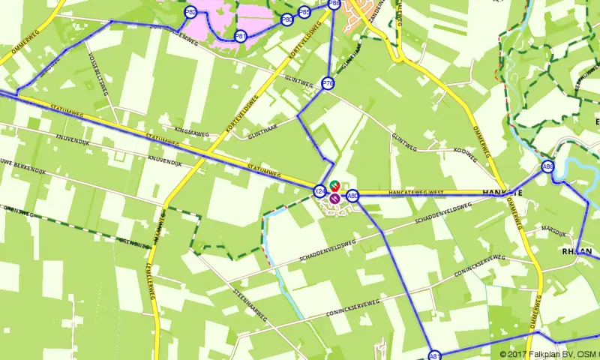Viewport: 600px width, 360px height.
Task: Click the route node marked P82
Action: pyautogui.click(x=190, y=13)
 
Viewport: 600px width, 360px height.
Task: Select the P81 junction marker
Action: pyautogui.click(x=241, y=36)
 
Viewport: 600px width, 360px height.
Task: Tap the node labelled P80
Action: pyautogui.click(x=286, y=20)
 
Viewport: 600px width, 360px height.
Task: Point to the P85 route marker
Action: pyautogui.click(x=304, y=12)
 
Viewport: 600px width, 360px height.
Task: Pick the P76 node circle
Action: pyautogui.click(x=328, y=84)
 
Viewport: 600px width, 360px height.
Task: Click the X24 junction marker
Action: pyautogui.click(x=320, y=191)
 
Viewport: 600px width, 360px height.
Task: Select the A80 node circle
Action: pyautogui.click(x=352, y=196)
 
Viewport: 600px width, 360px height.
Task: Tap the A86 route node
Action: pyautogui.click(x=547, y=167)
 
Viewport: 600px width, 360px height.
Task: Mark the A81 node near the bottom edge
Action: pyautogui.click(x=434, y=355)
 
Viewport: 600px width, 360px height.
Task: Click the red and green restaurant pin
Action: pyautogui.click(x=334, y=185)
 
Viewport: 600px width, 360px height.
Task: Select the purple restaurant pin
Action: pyautogui.click(x=334, y=198)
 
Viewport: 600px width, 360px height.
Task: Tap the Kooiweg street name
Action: pyautogui.click(x=465, y=152)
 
